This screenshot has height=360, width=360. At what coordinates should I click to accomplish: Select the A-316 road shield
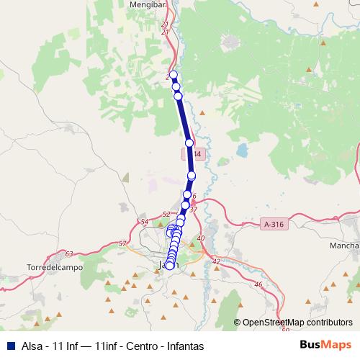pyautogui.click(x=274, y=225)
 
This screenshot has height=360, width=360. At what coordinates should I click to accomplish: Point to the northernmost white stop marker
pyautogui.click(x=173, y=75)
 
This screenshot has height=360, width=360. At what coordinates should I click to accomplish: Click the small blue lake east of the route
pyautogui.click(x=241, y=153)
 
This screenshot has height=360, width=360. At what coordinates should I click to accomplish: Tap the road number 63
pyautogui.click(x=68, y=253)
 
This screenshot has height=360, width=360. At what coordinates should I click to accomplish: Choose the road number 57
pyautogui.click(x=122, y=243)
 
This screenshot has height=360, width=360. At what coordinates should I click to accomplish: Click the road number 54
pyautogui.click(x=145, y=222)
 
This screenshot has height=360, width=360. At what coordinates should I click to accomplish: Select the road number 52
pyautogui.click(x=166, y=214)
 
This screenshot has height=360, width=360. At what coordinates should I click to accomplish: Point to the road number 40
pyautogui.click(x=200, y=238)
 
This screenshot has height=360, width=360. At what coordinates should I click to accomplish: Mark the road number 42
pyautogui.click(x=215, y=261)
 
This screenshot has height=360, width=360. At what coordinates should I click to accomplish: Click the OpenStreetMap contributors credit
pyautogui.click(x=297, y=323)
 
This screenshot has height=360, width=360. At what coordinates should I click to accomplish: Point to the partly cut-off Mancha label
pyautogui.click(x=344, y=246)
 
